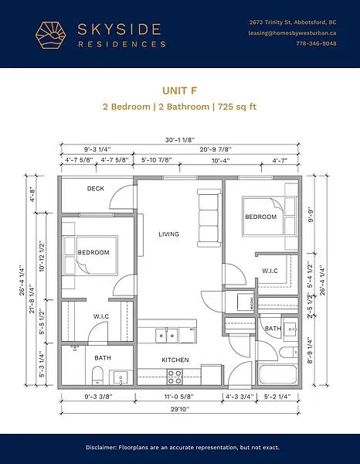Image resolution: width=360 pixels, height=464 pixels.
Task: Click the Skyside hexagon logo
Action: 51,35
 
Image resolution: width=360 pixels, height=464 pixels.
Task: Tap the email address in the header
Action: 292,32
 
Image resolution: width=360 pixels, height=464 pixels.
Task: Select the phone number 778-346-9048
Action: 316,43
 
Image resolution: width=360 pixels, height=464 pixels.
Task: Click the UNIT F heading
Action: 180,90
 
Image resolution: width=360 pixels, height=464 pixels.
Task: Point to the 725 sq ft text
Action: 237,107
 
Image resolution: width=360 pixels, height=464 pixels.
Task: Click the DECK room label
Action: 96,189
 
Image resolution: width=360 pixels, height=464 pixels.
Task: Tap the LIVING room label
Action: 168,234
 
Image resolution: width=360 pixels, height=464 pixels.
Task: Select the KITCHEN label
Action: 175,360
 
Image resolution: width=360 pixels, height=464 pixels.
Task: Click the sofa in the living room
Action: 209,218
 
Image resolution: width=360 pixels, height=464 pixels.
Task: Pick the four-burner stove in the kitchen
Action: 175,377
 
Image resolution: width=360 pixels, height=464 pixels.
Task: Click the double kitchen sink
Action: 167,336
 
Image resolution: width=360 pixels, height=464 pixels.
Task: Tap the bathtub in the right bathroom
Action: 277,374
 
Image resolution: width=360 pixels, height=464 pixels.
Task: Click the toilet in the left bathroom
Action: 97,375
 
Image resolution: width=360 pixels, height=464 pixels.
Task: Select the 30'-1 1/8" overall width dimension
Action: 180,140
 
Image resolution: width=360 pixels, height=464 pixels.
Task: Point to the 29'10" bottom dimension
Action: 180,409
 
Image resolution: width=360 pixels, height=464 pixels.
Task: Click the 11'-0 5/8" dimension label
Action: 179,397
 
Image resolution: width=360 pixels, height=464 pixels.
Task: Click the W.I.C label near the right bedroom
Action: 270,271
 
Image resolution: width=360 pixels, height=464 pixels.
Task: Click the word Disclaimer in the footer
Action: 101,448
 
